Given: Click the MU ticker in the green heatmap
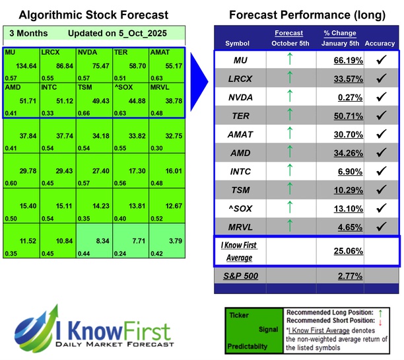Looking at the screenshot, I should [x=10, y=52].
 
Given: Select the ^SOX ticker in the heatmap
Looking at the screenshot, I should [x=123, y=88].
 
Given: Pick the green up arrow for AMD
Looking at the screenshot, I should [x=289, y=153].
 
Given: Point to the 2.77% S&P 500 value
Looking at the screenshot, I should [x=349, y=276].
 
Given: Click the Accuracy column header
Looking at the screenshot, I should [x=379, y=43].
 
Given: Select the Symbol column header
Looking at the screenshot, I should [x=238, y=43].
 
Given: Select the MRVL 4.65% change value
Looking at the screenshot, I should [x=349, y=227].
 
